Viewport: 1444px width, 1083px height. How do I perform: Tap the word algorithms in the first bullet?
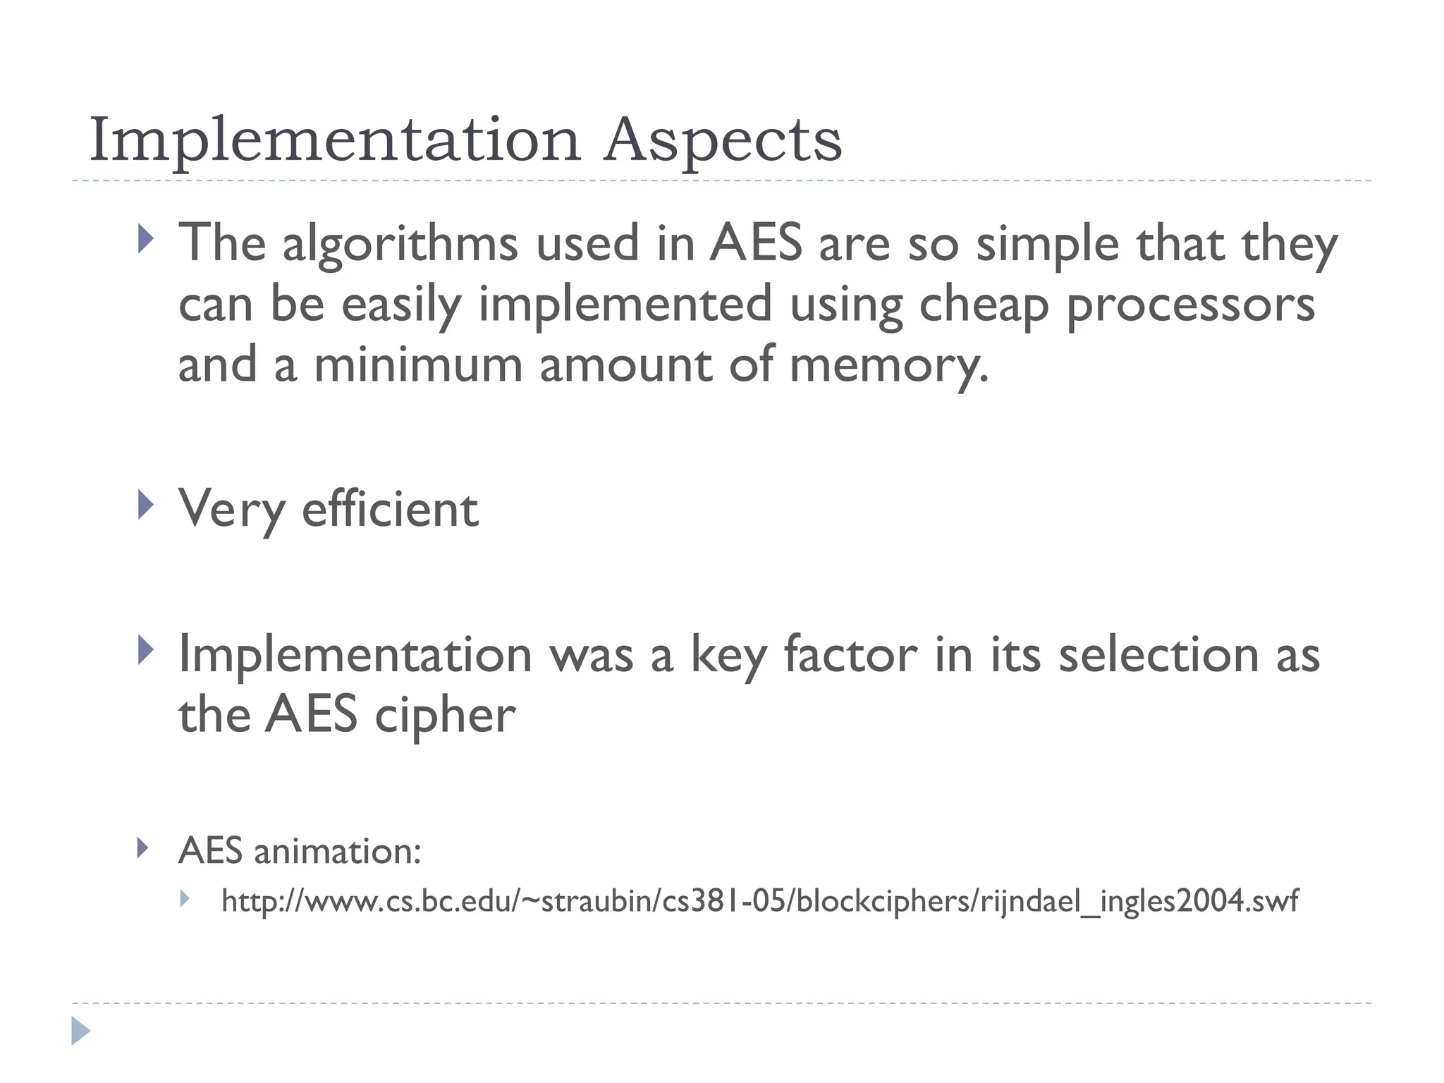400,244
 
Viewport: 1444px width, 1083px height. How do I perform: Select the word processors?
1190,305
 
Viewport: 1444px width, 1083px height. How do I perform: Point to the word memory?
888,366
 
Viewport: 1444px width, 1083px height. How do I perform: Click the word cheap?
984,305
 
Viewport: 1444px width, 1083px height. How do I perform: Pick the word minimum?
418,365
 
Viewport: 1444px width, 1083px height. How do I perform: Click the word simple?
1047,244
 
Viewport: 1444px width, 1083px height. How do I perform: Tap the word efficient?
390,508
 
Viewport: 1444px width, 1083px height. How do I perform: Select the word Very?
231,508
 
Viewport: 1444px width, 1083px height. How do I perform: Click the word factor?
850,654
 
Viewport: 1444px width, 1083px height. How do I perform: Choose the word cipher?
445,715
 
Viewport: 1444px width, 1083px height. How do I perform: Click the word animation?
337,851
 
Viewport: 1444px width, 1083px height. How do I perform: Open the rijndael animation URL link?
759,901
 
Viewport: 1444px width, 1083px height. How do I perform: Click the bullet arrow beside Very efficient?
145,505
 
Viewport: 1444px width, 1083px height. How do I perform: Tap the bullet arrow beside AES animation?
143,848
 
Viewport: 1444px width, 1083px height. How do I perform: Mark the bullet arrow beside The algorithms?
145,239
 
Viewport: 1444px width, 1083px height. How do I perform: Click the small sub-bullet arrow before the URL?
185,898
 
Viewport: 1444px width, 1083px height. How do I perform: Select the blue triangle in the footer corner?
80,1031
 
